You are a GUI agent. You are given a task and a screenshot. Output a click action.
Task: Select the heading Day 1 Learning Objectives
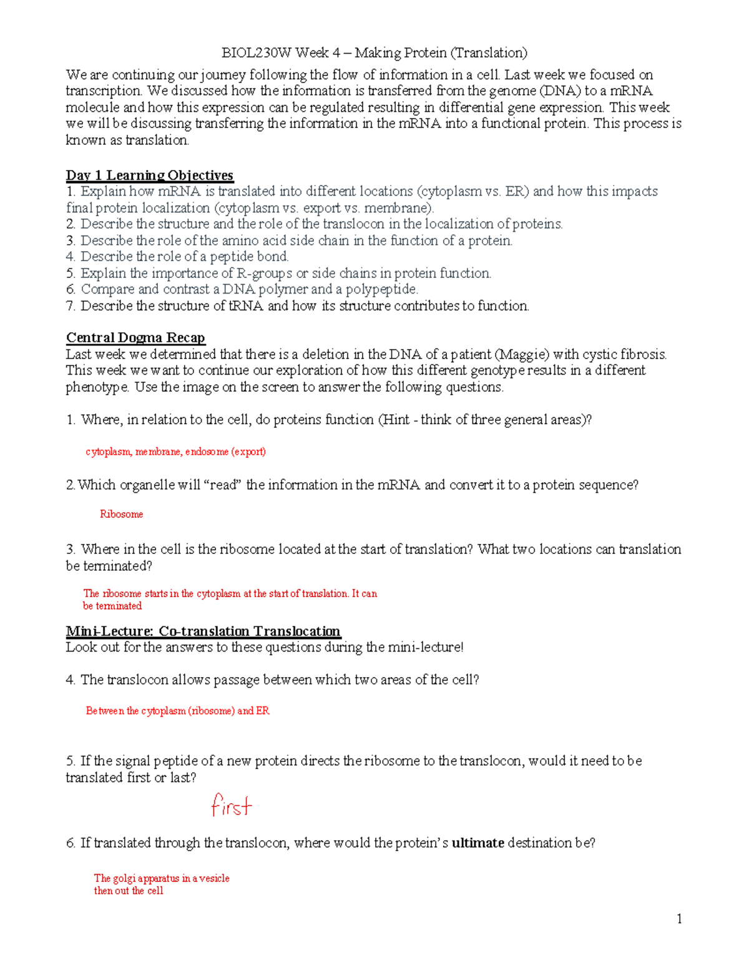pyautogui.click(x=150, y=176)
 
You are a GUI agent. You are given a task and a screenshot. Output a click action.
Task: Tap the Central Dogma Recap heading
pyautogui.click(x=135, y=338)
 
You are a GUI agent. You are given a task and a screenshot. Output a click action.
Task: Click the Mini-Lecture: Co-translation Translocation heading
pyautogui.click(x=203, y=631)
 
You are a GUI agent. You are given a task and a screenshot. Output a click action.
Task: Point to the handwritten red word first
pyautogui.click(x=232, y=805)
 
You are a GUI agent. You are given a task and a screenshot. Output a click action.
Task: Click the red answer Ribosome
pyautogui.click(x=122, y=514)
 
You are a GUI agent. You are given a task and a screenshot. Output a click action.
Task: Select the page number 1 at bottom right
pyautogui.click(x=679, y=919)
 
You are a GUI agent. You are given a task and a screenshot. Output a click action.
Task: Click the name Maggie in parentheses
pyautogui.click(x=522, y=355)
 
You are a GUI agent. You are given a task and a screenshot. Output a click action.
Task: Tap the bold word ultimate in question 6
pyautogui.click(x=477, y=843)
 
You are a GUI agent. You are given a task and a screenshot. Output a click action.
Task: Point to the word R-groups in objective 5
pyautogui.click(x=265, y=274)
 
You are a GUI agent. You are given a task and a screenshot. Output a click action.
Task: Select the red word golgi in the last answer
pyautogui.click(x=124, y=878)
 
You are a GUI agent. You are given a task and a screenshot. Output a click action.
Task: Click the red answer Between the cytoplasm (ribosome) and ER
pyautogui.click(x=178, y=711)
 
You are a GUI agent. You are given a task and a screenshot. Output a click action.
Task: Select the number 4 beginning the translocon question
pyautogui.click(x=70, y=680)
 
